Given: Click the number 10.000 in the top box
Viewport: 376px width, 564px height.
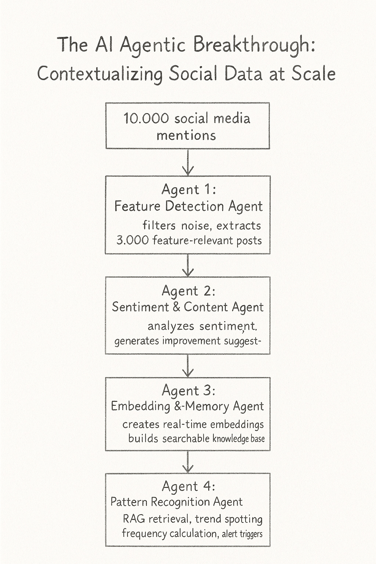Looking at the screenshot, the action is click(x=146, y=119).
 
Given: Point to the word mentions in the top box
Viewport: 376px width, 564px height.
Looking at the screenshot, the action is click(x=186, y=135).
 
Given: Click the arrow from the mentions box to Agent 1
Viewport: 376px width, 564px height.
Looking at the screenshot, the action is click(x=188, y=162).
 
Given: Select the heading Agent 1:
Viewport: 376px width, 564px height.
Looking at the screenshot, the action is click(x=188, y=189).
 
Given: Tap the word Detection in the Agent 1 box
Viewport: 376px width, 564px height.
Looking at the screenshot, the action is click(x=195, y=206).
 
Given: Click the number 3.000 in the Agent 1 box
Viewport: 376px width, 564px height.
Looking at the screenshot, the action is click(x=133, y=241).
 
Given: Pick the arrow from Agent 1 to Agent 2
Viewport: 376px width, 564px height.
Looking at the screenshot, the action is click(x=188, y=265).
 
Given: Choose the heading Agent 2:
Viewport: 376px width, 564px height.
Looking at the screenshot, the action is click(x=188, y=291).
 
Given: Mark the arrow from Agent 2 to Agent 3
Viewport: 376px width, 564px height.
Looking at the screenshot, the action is click(x=188, y=366).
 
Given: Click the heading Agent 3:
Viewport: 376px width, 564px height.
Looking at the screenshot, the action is click(x=188, y=390).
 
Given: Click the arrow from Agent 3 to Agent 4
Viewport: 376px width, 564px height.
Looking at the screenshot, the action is click(x=188, y=462).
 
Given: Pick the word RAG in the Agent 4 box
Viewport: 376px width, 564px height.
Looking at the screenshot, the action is click(x=134, y=519).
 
